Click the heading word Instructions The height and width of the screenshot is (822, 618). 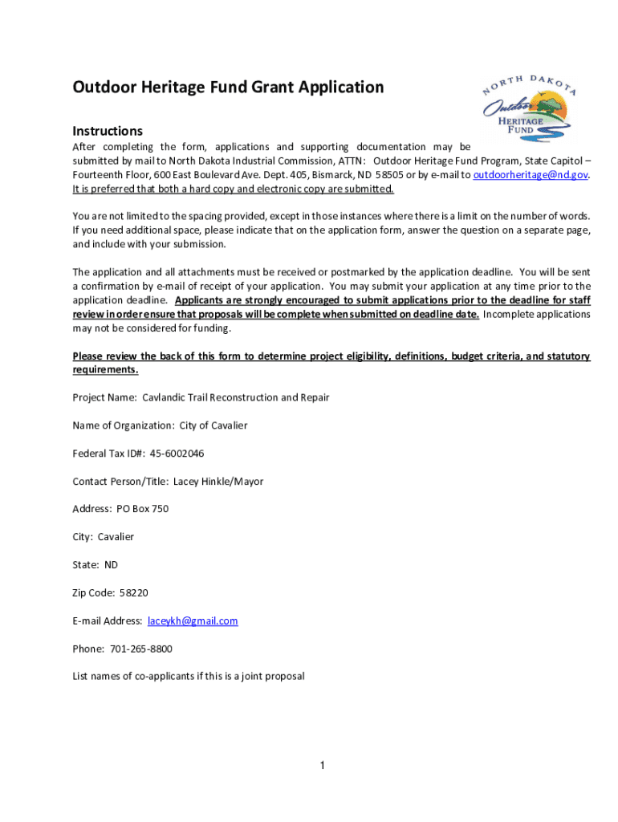tap(108, 131)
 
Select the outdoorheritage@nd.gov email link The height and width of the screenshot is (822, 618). tap(531, 175)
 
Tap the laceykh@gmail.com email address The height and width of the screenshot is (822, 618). tap(193, 621)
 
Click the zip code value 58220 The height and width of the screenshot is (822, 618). tap(133, 593)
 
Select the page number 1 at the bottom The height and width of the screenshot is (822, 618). tap(321, 765)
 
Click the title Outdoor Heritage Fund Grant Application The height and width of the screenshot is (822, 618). tap(228, 87)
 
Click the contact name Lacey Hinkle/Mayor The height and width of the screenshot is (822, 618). tap(218, 482)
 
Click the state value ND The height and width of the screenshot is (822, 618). tap(111, 565)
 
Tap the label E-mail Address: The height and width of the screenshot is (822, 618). tap(108, 621)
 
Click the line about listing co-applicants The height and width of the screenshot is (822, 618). tap(189, 676)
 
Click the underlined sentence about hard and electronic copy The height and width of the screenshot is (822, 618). tap(233, 189)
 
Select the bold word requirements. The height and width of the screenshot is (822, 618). tap(105, 370)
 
